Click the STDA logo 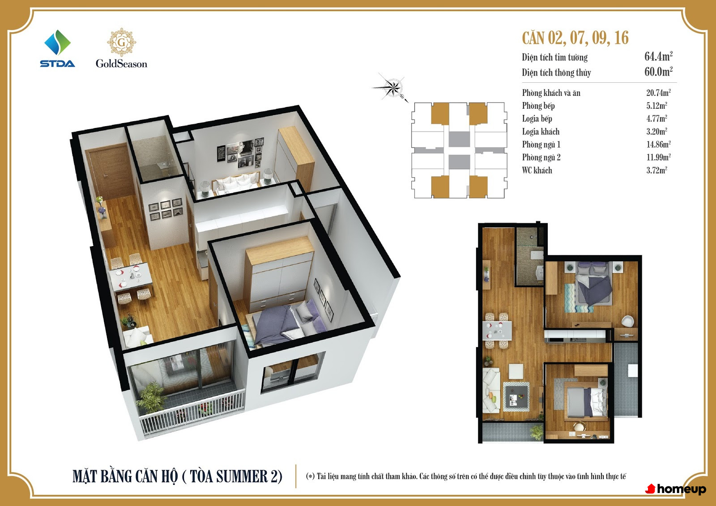(58, 49)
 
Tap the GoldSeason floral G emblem (121, 42)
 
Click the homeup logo (676, 489)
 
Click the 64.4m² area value (658, 56)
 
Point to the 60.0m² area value (658, 71)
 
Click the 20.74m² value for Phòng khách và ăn (658, 93)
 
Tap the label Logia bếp (537, 119)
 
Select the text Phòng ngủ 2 (541, 157)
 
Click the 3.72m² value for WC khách (656, 170)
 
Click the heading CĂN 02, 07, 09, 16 (575, 38)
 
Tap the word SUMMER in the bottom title (242, 476)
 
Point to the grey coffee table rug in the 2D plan (516, 396)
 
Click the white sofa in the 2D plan (491, 390)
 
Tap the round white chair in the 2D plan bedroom (627, 321)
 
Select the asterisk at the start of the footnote (310, 476)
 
